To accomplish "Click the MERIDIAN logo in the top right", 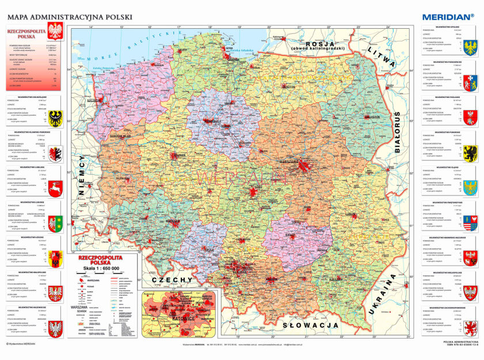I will pos(447,17).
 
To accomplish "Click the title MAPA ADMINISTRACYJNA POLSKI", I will pos(70,17).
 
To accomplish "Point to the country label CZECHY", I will pos(172,279).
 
